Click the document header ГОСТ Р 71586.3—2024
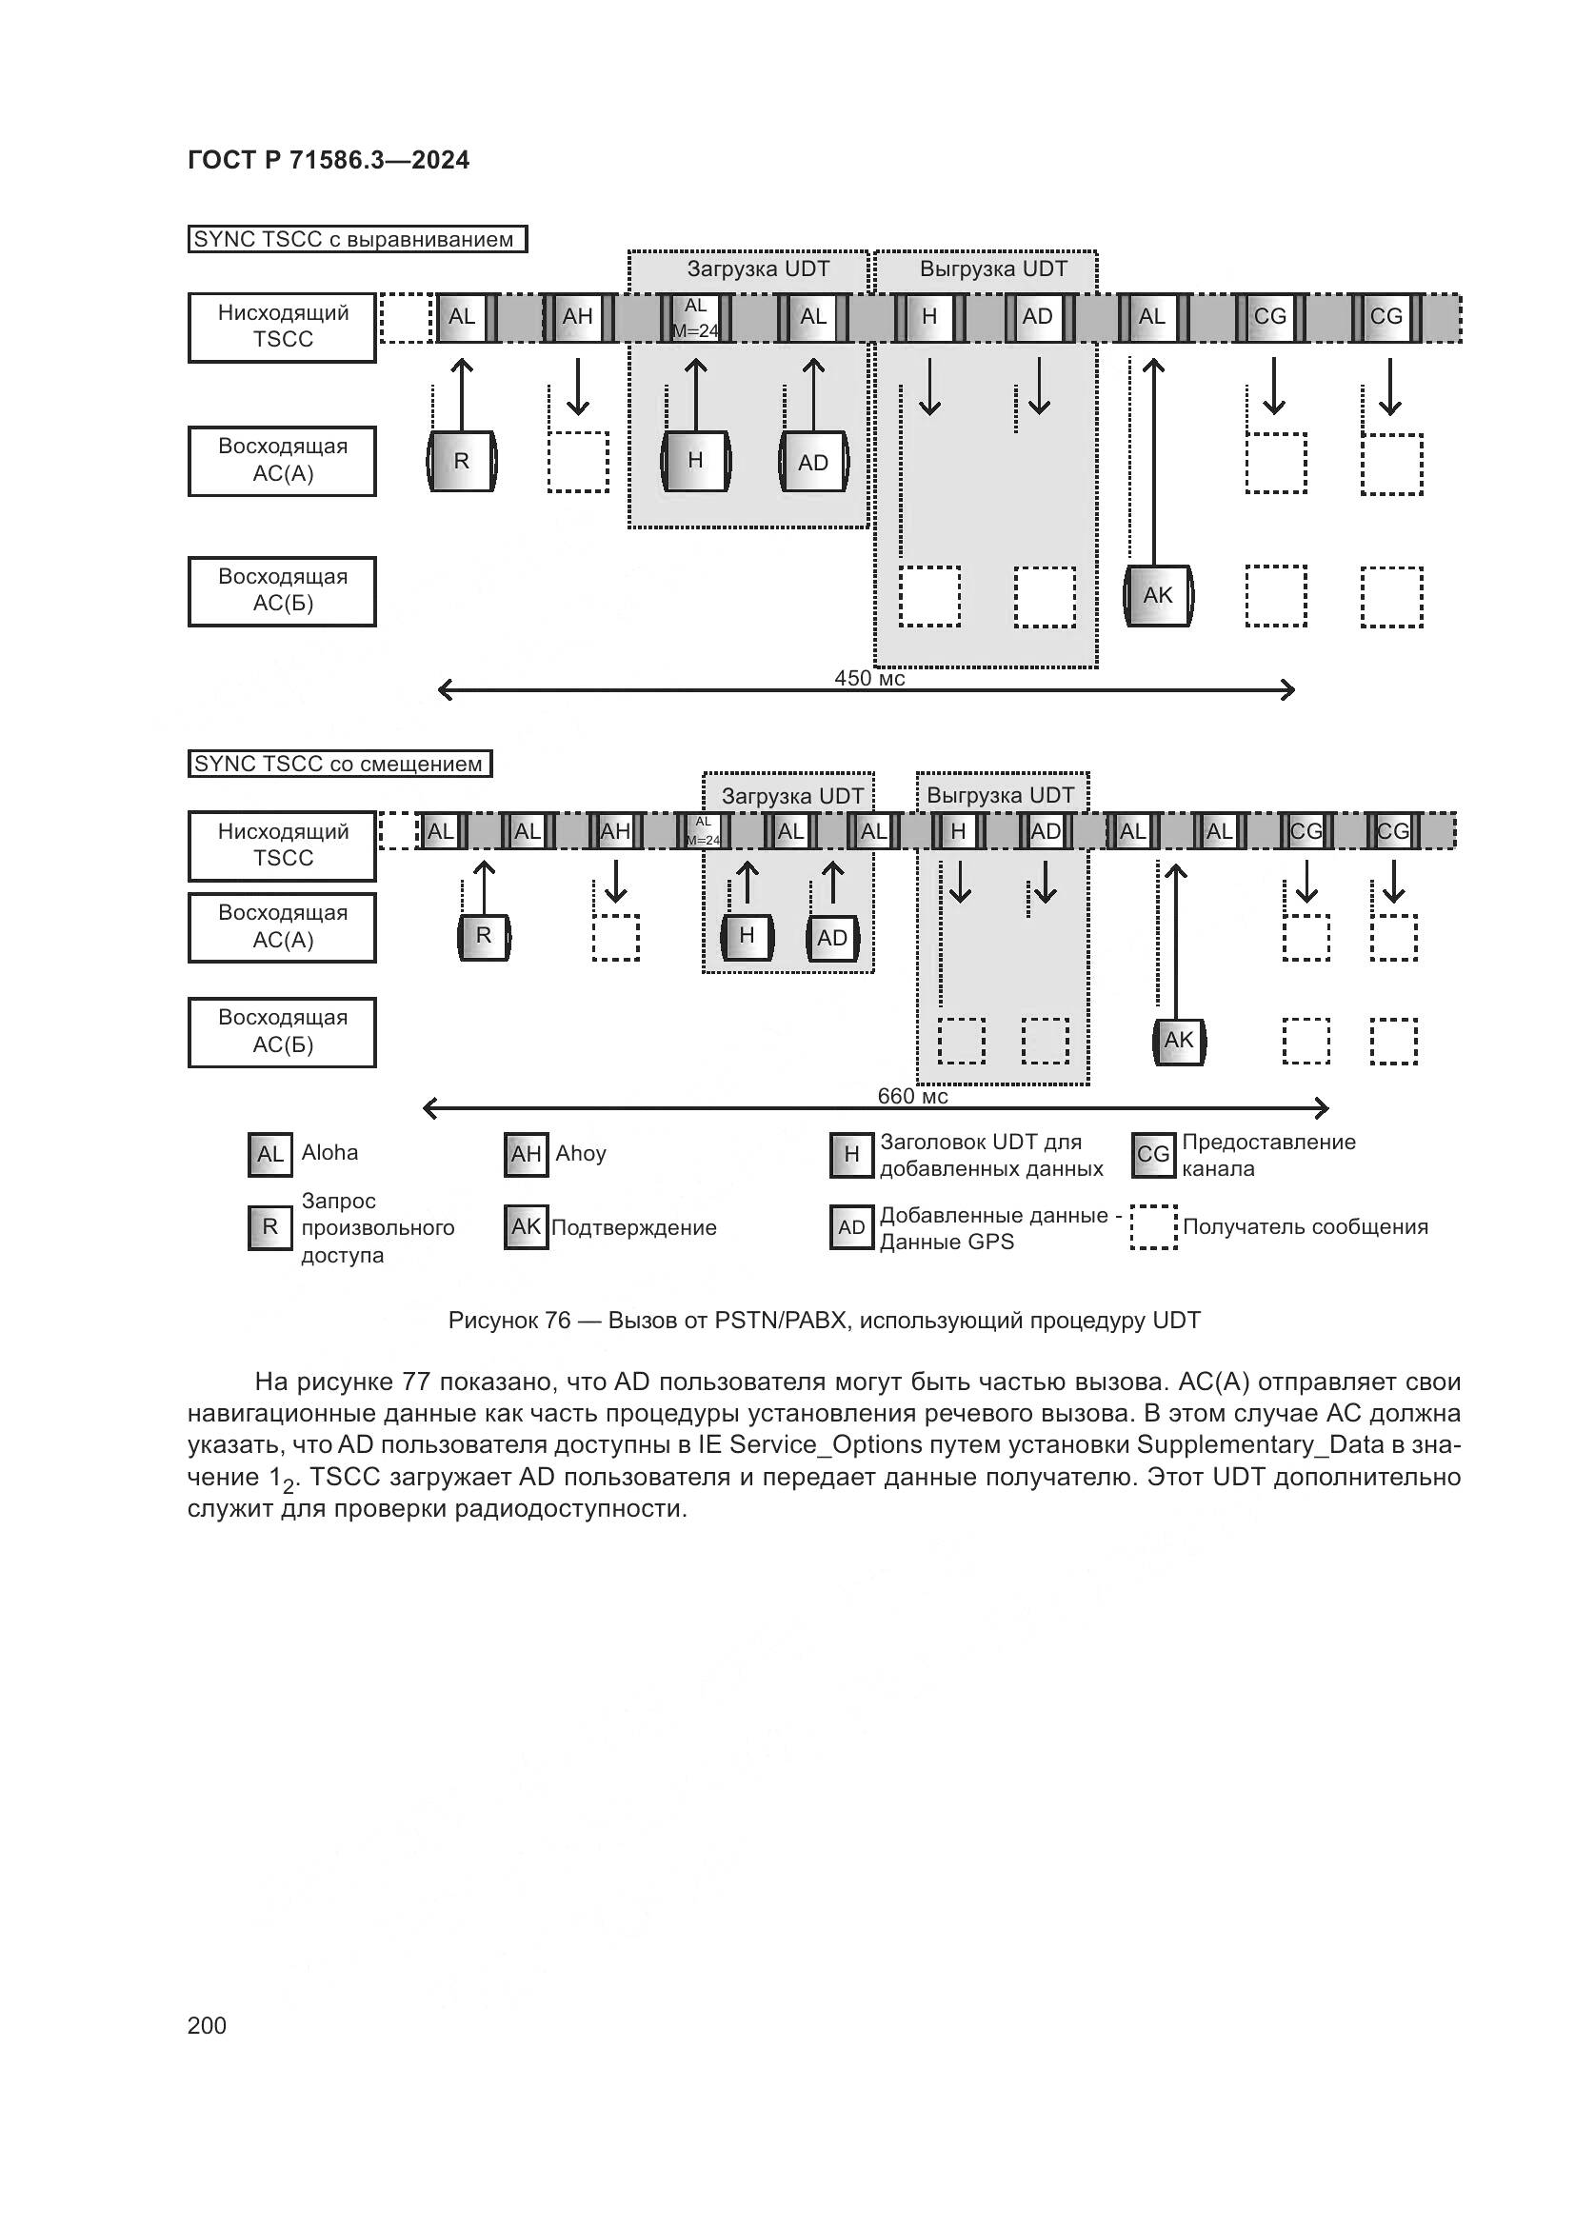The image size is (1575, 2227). pyautogui.click(x=328, y=160)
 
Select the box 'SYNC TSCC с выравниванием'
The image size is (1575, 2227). pyautogui.click(x=356, y=240)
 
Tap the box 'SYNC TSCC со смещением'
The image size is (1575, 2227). pyautogui.click(x=339, y=765)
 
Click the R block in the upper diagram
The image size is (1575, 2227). pyautogui.click(x=462, y=461)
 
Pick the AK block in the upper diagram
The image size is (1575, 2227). pyautogui.click(x=1158, y=595)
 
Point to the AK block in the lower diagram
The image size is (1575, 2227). pyautogui.click(x=1178, y=1041)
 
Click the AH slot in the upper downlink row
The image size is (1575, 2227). pyautogui.click(x=578, y=317)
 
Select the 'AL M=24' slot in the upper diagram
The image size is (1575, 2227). pyautogui.click(x=695, y=318)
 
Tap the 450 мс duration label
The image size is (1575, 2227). pyautogui.click(x=869, y=678)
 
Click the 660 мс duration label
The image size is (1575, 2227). pyautogui.click(x=911, y=1096)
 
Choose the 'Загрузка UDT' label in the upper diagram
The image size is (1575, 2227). pyautogui.click(x=758, y=268)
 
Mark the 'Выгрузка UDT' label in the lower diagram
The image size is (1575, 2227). pyautogui.click(x=1000, y=795)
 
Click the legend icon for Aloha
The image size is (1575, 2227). pyautogui.click(x=269, y=1154)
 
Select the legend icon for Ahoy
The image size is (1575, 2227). pyautogui.click(x=526, y=1154)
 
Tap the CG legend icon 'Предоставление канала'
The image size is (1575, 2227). pyautogui.click(x=1153, y=1154)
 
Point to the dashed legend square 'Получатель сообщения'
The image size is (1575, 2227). pyautogui.click(x=1153, y=1227)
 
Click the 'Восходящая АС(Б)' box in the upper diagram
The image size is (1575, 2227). pyautogui.click(x=282, y=590)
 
